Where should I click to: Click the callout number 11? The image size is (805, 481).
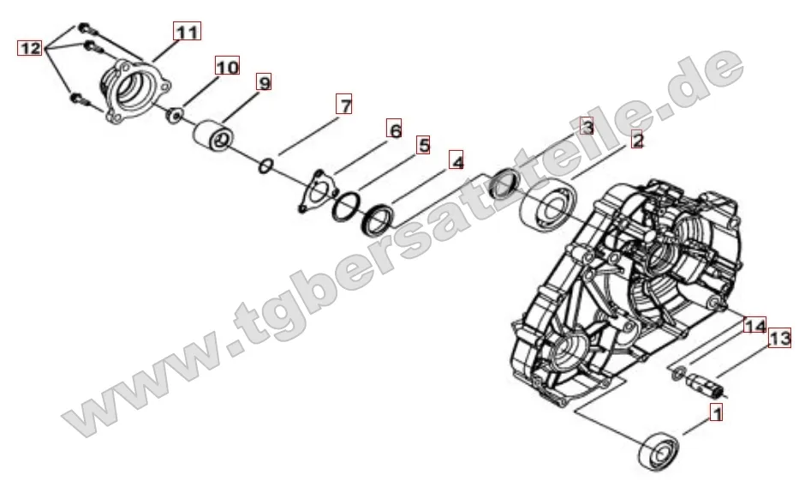[187, 32]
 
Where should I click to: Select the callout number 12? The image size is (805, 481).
[30, 49]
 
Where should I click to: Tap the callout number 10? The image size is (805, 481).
[227, 67]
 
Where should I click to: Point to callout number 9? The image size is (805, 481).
[263, 83]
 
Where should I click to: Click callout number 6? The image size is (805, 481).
[393, 130]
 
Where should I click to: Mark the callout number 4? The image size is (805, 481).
[457, 161]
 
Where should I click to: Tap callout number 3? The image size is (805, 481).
[586, 127]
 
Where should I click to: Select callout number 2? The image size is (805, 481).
[636, 141]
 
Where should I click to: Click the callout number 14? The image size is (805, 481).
[754, 326]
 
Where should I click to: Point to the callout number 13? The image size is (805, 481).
[778, 340]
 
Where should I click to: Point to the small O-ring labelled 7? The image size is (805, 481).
[265, 164]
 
